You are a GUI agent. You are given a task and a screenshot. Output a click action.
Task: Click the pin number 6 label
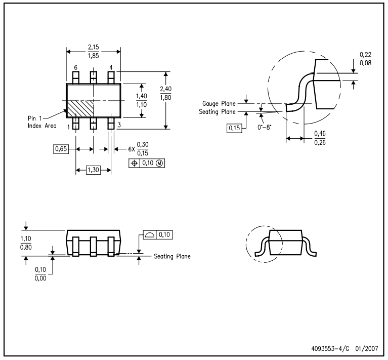click(76, 67)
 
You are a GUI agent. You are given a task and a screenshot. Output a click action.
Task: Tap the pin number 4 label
click(111, 67)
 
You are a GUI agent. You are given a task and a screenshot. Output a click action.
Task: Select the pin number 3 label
click(119, 125)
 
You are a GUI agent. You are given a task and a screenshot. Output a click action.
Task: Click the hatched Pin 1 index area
click(80, 108)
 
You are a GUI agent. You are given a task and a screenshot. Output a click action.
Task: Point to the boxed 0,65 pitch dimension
click(61, 149)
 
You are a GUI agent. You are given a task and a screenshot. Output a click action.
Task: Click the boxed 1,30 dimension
click(93, 170)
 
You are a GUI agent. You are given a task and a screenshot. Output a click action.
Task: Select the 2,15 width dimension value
click(93, 47)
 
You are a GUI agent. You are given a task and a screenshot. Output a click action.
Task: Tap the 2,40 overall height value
click(165, 89)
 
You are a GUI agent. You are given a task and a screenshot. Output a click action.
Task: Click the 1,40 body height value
click(142, 96)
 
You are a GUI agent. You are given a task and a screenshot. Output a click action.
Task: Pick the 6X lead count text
click(132, 149)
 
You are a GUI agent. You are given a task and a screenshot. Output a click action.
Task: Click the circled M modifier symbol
click(160, 163)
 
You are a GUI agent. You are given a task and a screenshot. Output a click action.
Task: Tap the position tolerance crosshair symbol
click(135, 163)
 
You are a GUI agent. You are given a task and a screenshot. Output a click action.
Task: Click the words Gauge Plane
click(219, 103)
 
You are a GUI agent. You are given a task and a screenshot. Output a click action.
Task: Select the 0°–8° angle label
click(264, 128)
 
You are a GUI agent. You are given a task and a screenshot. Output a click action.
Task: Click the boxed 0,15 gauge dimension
click(234, 128)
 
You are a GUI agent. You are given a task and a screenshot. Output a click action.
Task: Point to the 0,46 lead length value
click(320, 134)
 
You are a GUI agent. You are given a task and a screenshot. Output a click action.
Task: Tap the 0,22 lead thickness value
click(365, 55)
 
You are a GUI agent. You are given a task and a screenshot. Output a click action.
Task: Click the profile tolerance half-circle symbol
click(150, 235)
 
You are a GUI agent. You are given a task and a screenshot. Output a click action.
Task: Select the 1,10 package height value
click(26, 238)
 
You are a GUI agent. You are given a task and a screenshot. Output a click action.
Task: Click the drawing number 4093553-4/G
click(330, 349)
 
